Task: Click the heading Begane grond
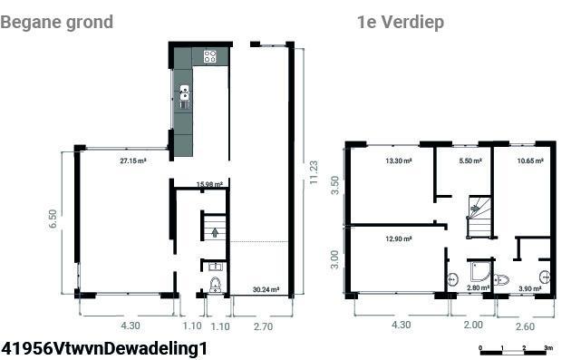pyautogui.click(x=57, y=23)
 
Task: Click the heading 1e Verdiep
pyautogui.click(x=401, y=23)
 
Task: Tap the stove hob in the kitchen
pyautogui.click(x=209, y=56)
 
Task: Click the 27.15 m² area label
pyautogui.click(x=133, y=161)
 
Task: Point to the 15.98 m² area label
pyautogui.click(x=209, y=184)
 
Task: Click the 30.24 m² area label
pyautogui.click(x=266, y=289)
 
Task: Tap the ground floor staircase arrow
pyautogui.click(x=215, y=232)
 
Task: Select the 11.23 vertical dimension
pyautogui.click(x=314, y=172)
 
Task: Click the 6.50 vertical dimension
pyautogui.click(x=53, y=219)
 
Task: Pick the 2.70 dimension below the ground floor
pyautogui.click(x=263, y=326)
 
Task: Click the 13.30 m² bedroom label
pyautogui.click(x=399, y=161)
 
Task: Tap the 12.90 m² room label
pyautogui.click(x=399, y=239)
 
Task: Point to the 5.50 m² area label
pyautogui.click(x=470, y=161)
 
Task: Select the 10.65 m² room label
pyautogui.click(x=530, y=161)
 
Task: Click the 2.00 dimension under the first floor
pyautogui.click(x=473, y=325)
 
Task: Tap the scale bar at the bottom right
pyautogui.click(x=514, y=352)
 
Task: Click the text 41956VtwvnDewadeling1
pyautogui.click(x=104, y=348)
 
